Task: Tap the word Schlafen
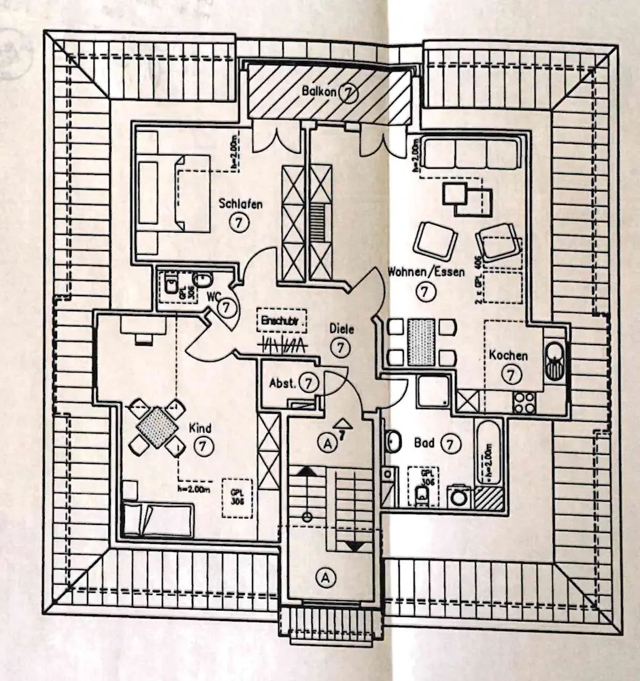click(x=240, y=203)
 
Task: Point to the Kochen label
click(x=508, y=355)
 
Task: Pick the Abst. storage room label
click(x=282, y=383)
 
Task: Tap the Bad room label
click(x=424, y=443)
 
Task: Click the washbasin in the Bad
click(x=392, y=443)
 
